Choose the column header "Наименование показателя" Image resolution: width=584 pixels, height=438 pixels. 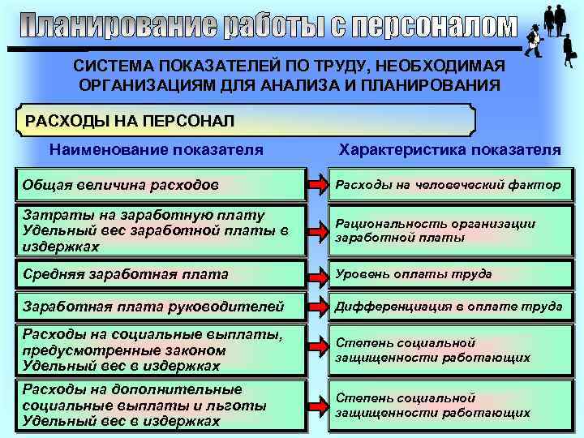(156, 150)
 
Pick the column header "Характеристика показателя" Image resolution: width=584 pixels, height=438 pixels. (449, 150)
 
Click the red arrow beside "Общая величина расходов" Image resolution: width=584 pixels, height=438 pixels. (316, 185)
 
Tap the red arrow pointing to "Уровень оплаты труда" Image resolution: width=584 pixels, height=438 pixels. (316, 275)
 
